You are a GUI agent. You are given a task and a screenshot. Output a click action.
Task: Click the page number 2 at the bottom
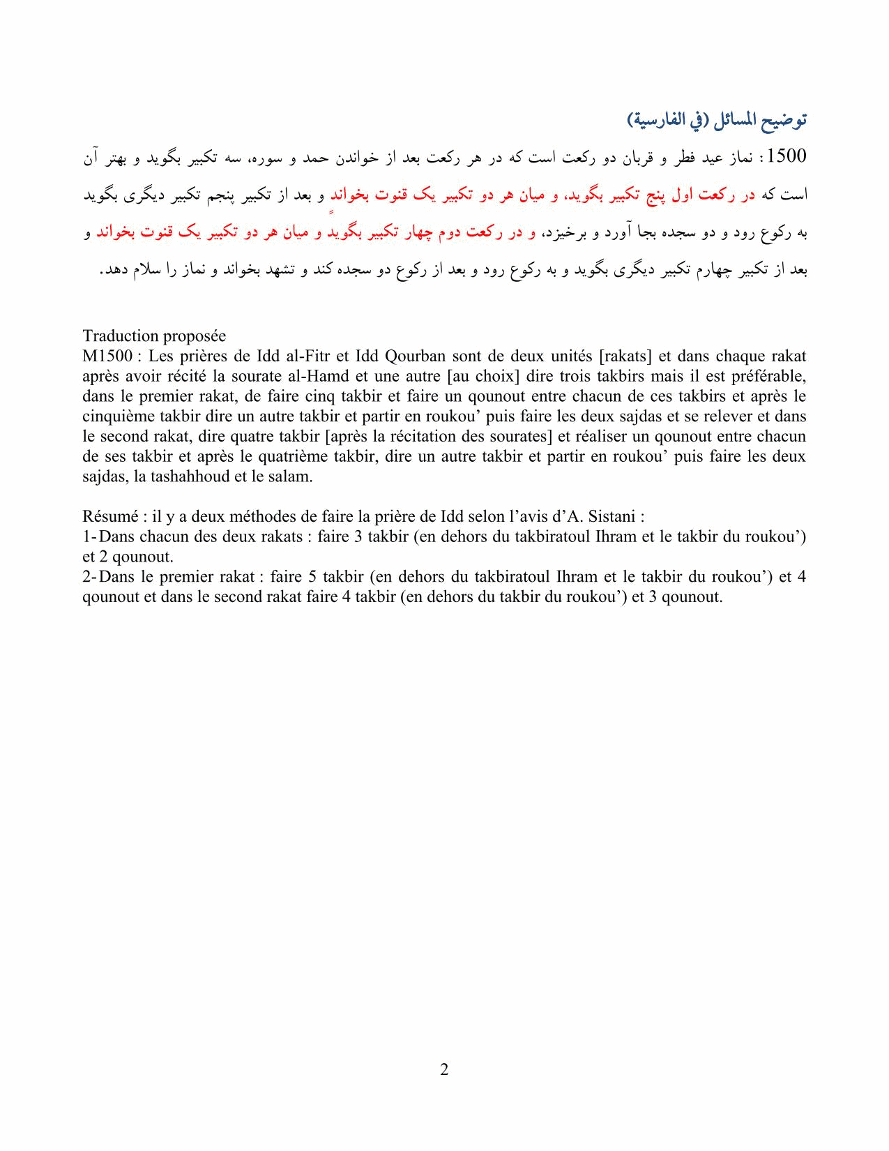coord(444,1069)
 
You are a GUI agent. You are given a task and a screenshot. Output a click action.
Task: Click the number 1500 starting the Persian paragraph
coord(786,156)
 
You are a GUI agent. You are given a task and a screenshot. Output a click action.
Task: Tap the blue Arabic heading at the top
coord(717,120)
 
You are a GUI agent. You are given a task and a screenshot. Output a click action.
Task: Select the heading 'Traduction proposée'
coord(154,336)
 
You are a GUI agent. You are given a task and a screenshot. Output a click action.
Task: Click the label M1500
coord(107,356)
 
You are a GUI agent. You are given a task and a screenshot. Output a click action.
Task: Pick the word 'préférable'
coord(772,377)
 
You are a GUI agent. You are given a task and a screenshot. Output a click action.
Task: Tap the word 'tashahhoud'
coord(188,477)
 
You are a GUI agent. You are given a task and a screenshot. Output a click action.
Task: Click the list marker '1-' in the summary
coord(89,537)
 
